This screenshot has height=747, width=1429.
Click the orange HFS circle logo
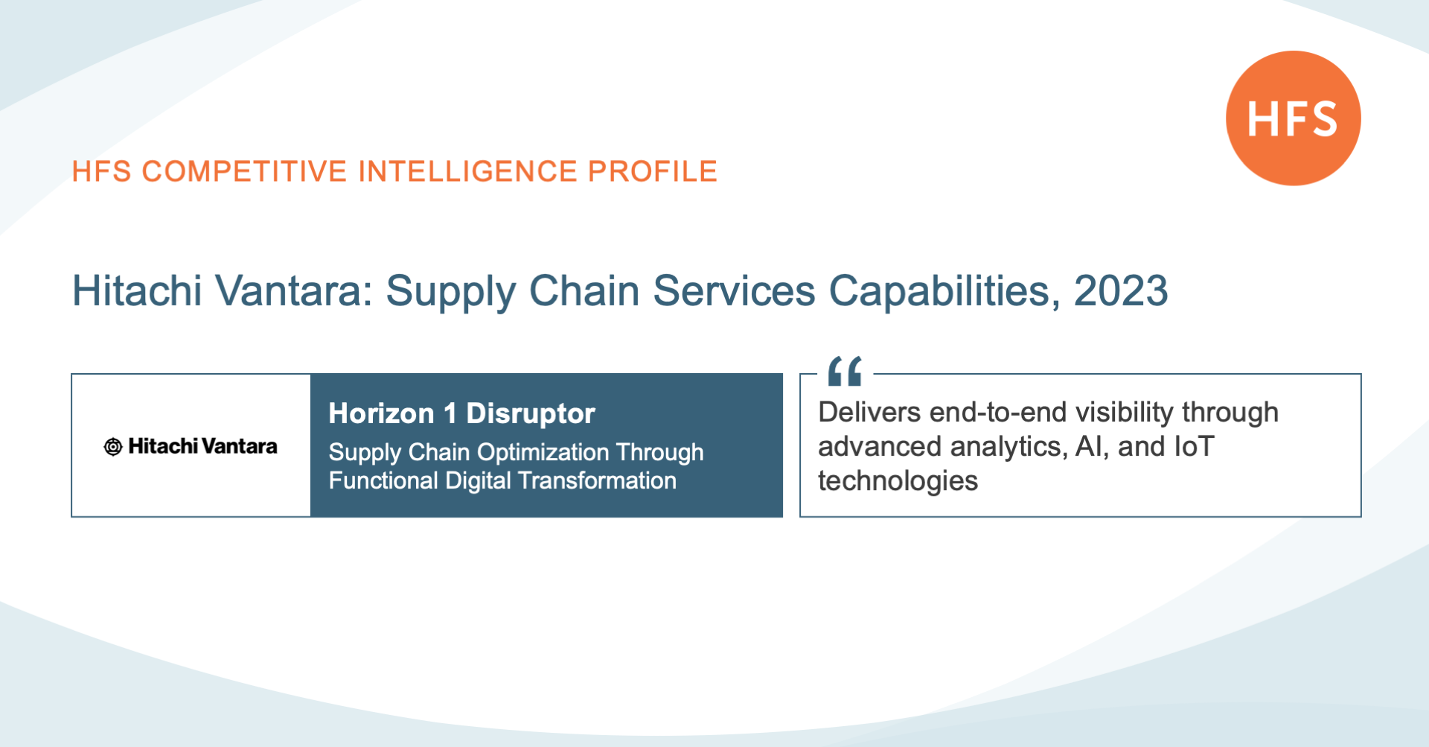coord(1294,118)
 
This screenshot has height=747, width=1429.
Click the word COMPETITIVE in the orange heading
coord(244,171)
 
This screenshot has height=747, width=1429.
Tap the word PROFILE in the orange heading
coord(653,171)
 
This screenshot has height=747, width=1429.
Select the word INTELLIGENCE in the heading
coord(467,171)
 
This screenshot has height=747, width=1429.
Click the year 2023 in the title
coord(1121,290)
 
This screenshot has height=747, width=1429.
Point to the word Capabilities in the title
coord(944,291)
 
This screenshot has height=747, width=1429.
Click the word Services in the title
coord(734,290)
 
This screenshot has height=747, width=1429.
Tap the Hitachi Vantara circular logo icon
coord(113,447)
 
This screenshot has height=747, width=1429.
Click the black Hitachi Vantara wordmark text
coord(202,446)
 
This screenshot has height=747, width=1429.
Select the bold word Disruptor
coord(531,413)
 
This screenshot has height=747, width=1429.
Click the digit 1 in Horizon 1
coord(450,413)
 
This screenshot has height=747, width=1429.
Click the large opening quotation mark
coord(845,371)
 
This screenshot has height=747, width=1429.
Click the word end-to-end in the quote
coord(997,412)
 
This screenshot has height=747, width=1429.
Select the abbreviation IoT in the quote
coord(1194,446)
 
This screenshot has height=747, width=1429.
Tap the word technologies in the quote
coord(898,481)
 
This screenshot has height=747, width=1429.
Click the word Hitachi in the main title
coord(137,290)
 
